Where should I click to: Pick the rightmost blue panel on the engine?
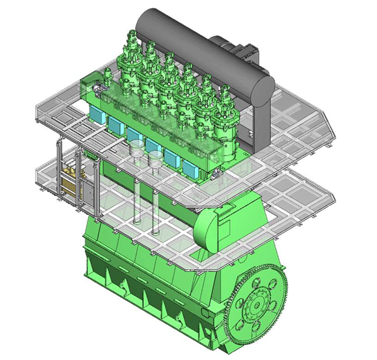click(x=188, y=167)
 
